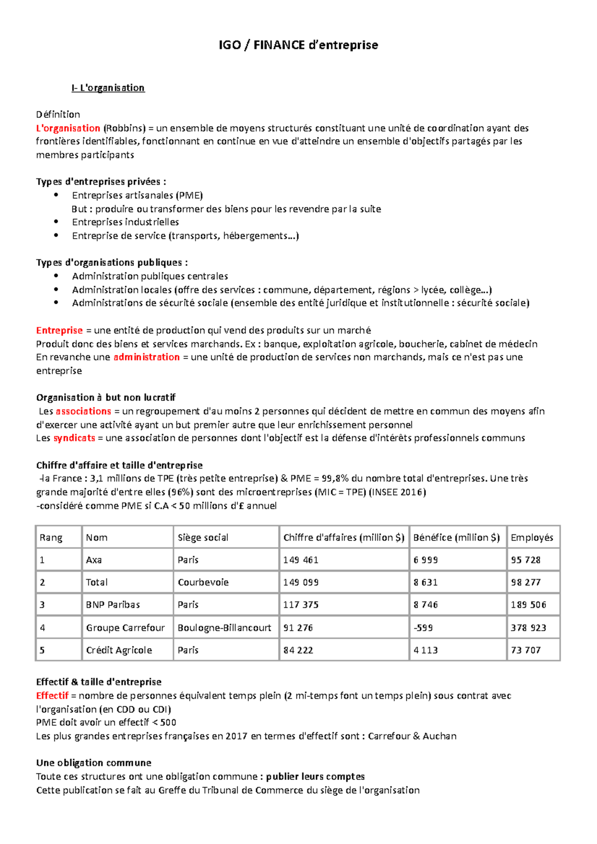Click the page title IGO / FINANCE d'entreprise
coord(298,45)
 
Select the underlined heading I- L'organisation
coord(108,88)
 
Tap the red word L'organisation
coord(68,128)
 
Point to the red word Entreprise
coord(59,331)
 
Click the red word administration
coord(146,357)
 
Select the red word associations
coord(83,411)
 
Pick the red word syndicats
coord(74,438)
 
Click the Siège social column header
coord(203,537)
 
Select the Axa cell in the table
coord(94,560)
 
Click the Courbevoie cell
coord(203,582)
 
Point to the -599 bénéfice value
coord(423,628)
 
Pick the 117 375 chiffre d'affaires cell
coord(300,605)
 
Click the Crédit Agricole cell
coord(119,650)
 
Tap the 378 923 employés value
coord(528,628)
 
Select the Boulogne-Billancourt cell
coord(224,628)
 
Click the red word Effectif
coord(52,696)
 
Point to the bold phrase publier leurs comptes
coord(315,776)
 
